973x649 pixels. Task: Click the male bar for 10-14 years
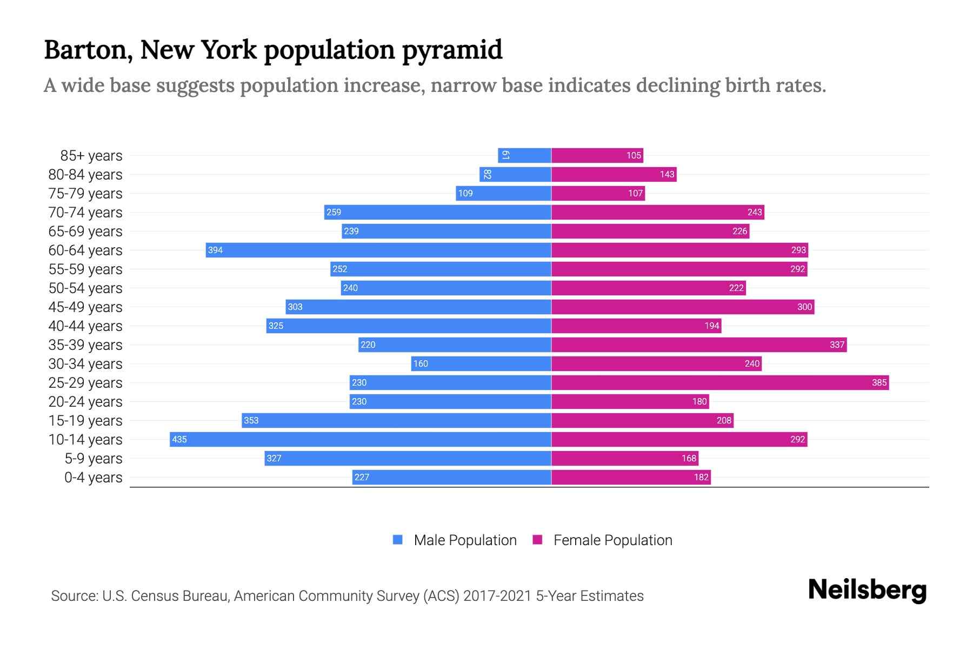tap(361, 439)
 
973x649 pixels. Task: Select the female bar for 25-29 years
tap(720, 382)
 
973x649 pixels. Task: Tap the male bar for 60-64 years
tap(378, 250)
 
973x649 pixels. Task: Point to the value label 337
tap(837, 345)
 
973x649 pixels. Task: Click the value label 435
tap(179, 439)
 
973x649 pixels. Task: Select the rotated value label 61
tap(505, 155)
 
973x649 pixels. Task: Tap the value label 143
tap(667, 174)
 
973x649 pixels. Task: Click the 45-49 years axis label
tap(85, 307)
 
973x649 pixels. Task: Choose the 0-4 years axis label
tap(93, 477)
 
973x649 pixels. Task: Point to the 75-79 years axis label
tap(85, 193)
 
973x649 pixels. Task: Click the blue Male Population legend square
tap(398, 540)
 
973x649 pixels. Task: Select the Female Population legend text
tap(612, 540)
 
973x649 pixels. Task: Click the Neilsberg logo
tap(867, 590)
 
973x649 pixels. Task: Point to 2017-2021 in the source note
tap(497, 595)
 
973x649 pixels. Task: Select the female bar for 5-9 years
tap(624, 458)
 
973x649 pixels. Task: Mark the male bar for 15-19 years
tap(396, 420)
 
